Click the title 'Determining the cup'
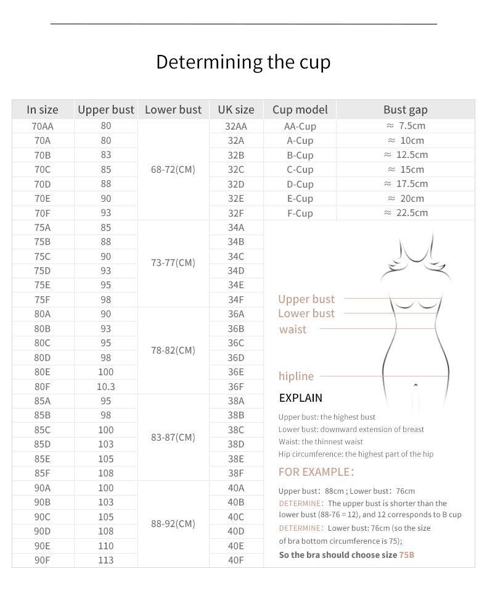(x=243, y=62)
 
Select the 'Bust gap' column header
(x=405, y=110)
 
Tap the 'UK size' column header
(x=235, y=110)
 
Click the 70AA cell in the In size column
(x=43, y=126)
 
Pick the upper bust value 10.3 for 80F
(x=105, y=387)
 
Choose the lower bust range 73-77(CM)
(x=173, y=263)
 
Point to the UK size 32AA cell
(x=235, y=127)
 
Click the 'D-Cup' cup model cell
(x=300, y=184)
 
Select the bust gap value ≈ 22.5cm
(x=406, y=213)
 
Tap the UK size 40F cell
(x=235, y=560)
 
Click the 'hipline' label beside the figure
(x=296, y=376)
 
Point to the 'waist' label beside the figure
(x=292, y=330)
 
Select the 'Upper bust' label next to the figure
(x=306, y=299)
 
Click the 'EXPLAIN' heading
(x=300, y=398)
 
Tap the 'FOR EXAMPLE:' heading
(x=316, y=472)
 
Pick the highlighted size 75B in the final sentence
(x=406, y=555)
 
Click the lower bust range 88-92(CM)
(x=173, y=524)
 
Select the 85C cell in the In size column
(x=43, y=430)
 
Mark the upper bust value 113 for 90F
(x=105, y=560)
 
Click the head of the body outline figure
(x=415, y=247)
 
